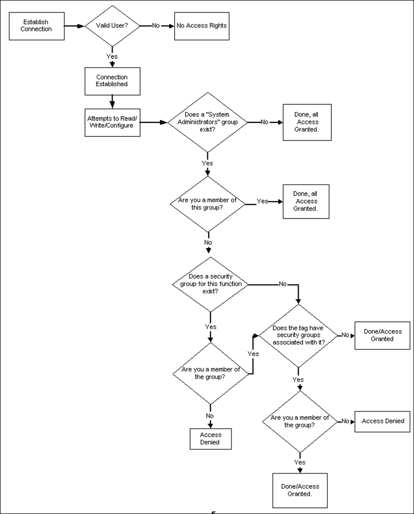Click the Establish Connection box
[x=37, y=26]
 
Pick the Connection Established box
[x=112, y=81]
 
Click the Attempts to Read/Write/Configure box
[x=112, y=122]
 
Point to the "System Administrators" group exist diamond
[x=208, y=122]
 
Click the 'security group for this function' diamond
[x=209, y=284]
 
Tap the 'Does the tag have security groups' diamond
[x=298, y=336]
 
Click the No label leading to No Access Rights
[x=156, y=25]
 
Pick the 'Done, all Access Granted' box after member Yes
[x=305, y=201]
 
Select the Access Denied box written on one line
[x=383, y=421]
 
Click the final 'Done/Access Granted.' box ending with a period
[x=299, y=490]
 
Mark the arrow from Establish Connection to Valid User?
[x=74, y=25]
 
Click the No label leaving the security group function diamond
[x=283, y=284]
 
